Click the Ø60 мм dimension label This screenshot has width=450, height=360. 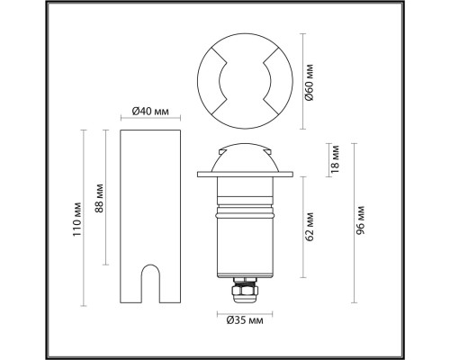[310, 82]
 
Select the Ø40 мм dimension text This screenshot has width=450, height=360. [150, 112]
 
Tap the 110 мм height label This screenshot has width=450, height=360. [77, 220]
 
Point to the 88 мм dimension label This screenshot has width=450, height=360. [99, 198]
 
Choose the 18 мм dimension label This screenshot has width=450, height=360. [335, 159]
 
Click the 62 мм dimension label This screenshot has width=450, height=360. [310, 227]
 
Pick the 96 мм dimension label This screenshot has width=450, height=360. [361, 220]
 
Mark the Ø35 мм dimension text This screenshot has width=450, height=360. [245, 320]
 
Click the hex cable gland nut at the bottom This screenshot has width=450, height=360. [245, 290]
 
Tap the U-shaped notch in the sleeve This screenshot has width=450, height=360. [150, 283]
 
